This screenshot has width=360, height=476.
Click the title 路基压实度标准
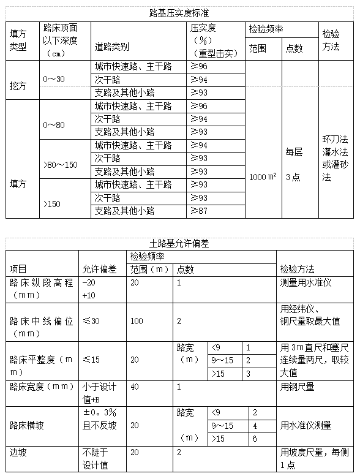[180, 12]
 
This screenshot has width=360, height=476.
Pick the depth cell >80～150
[61, 165]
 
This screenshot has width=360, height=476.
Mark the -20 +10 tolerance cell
[90, 289]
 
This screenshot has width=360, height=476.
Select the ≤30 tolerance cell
[91, 321]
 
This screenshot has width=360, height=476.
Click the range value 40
[135, 387]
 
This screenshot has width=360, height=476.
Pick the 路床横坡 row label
[27, 425]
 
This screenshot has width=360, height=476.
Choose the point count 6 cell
[255, 439]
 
